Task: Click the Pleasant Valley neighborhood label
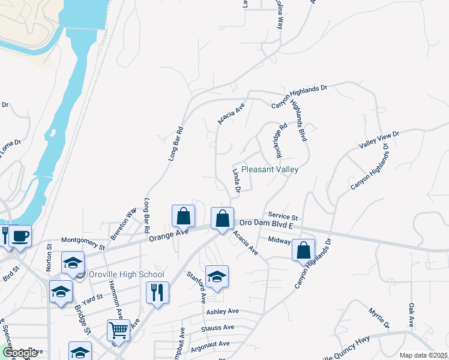pyautogui.click(x=270, y=170)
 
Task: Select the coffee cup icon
pyautogui.click(x=20, y=236)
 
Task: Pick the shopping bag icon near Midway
pyautogui.click(x=304, y=249)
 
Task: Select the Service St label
pyautogui.click(x=283, y=216)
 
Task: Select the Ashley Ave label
pyautogui.click(x=223, y=312)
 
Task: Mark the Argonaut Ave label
pyautogui.click(x=211, y=344)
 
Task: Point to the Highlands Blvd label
pyautogui.click(x=298, y=120)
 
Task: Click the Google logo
pyautogui.click(x=20, y=353)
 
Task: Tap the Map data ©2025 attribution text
pyautogui.click(x=423, y=355)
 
